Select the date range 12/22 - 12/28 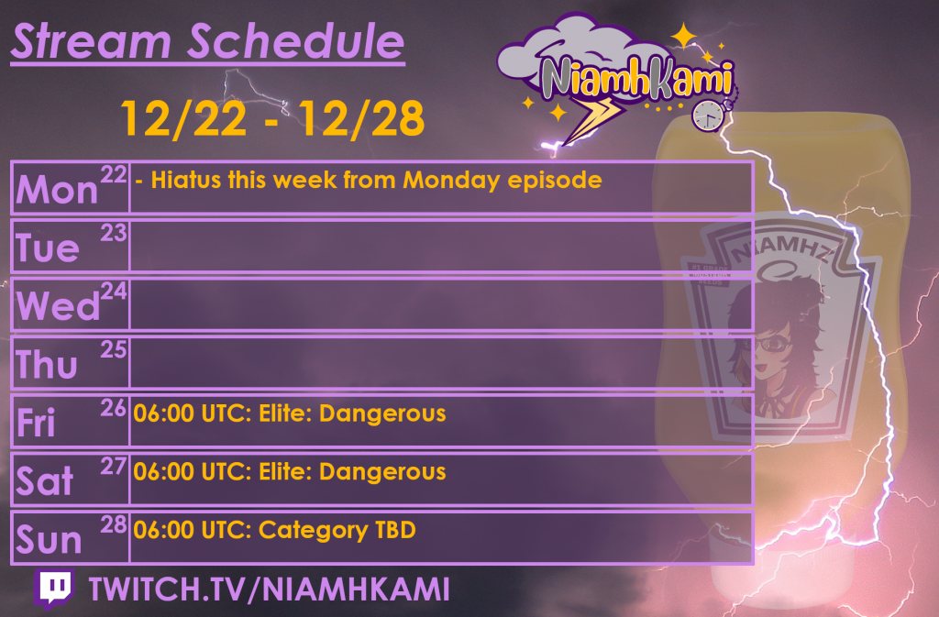coord(272,118)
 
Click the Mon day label coord(57,190)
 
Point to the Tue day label coord(48,248)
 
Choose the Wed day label coord(58,306)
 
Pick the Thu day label coord(48,365)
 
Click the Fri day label coord(37,424)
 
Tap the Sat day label coord(44,482)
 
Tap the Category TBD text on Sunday coord(337,530)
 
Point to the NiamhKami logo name coord(635,79)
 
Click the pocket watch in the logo coord(707,114)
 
